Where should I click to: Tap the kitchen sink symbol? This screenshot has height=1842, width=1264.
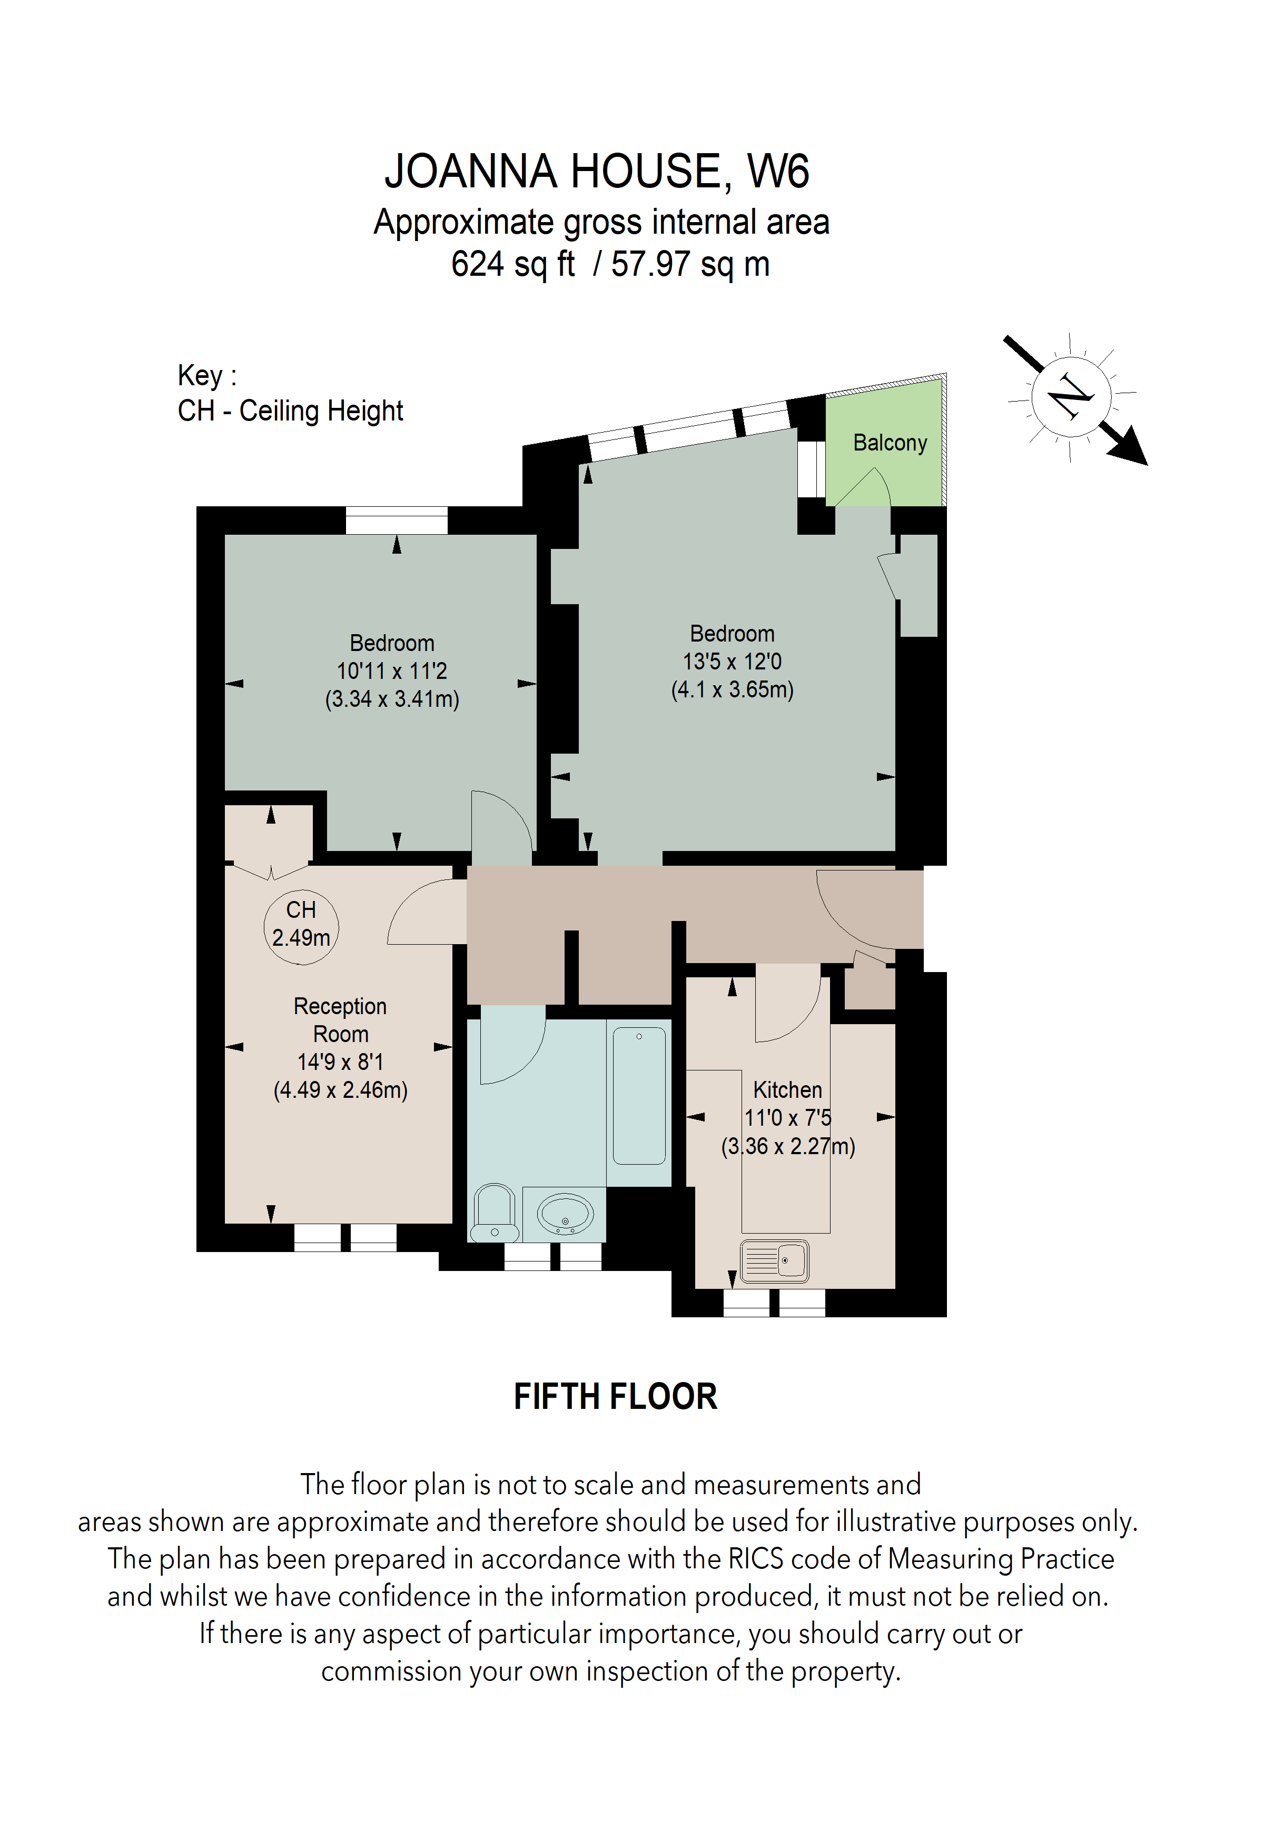pos(774,1260)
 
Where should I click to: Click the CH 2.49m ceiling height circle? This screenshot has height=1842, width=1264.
pos(301,927)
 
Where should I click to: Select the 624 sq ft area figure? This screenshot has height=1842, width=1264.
pos(512,264)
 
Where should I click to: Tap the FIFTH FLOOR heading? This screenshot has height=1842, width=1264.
pos(615,1397)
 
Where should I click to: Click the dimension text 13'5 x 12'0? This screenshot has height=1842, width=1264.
pos(732,661)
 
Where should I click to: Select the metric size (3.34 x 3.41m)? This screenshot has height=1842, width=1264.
pos(392,699)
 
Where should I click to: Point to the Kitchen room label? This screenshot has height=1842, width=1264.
pos(787,1090)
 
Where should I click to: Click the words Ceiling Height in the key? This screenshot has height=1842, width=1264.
pos(321,411)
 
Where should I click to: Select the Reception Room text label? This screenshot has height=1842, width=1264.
pos(340,1019)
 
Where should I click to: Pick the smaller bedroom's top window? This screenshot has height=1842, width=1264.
pos(397,520)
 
